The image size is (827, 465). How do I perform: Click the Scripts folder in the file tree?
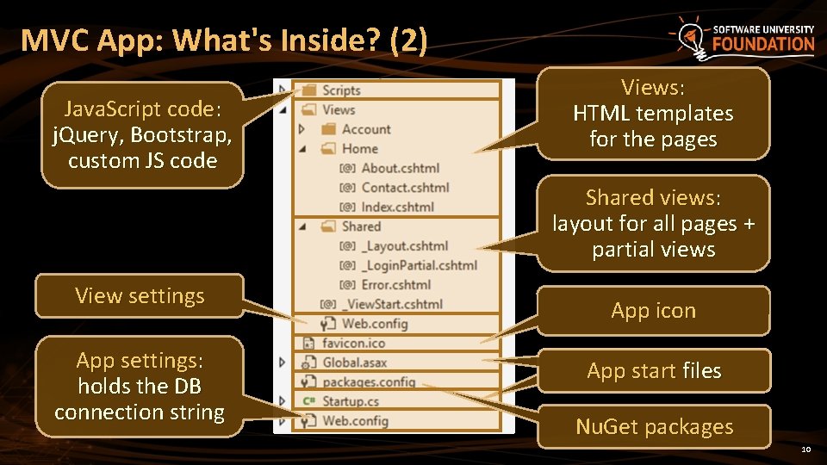click(341, 90)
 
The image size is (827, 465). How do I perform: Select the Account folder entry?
click(366, 129)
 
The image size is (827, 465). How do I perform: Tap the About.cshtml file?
click(400, 168)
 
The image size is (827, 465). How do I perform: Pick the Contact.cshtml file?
click(405, 188)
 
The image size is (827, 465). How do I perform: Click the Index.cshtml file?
click(397, 207)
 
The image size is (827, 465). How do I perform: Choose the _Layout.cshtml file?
click(404, 246)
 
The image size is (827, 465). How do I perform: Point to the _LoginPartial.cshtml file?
click(419, 265)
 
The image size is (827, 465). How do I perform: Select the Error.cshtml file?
click(395, 284)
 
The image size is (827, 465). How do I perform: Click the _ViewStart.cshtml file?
click(391, 304)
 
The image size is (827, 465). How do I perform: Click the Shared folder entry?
click(361, 226)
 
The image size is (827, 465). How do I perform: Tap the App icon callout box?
click(653, 311)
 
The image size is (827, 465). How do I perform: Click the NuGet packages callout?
click(654, 426)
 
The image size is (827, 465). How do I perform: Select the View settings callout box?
click(140, 296)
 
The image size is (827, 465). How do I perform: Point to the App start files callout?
click(654, 371)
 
